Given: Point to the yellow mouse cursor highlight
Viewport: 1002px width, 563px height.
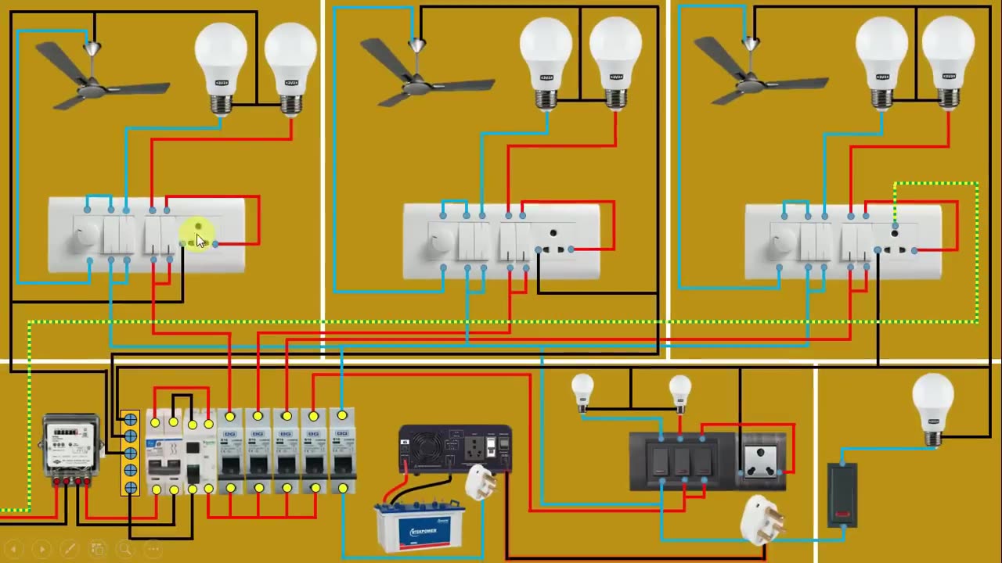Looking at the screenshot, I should click(x=197, y=235).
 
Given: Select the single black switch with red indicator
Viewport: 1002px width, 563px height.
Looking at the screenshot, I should click(x=842, y=494).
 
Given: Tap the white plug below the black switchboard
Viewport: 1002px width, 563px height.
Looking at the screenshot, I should click(x=761, y=519).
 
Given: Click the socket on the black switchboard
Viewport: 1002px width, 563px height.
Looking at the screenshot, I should click(x=762, y=461).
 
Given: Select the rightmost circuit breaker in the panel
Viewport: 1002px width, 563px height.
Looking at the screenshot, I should click(x=342, y=452).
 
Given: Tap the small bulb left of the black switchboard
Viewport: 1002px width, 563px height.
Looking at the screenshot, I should click(x=582, y=390).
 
